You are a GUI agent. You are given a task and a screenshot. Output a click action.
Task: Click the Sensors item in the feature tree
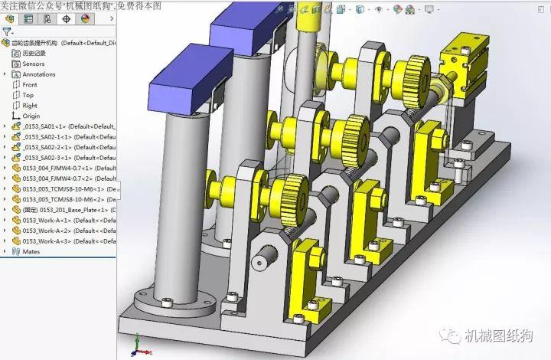[34, 64]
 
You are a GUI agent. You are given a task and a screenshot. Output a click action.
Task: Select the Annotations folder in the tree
[39, 74]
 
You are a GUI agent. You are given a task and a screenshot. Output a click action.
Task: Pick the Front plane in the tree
[30, 84]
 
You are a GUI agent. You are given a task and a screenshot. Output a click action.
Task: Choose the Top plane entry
[28, 95]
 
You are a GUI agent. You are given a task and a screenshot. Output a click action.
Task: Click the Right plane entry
[30, 105]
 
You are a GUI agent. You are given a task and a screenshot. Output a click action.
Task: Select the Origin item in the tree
[31, 116]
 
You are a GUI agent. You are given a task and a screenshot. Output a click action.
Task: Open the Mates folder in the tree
[31, 251]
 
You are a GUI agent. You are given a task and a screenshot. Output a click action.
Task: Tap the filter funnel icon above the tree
[7, 32]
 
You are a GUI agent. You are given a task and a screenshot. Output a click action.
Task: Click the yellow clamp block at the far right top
[465, 56]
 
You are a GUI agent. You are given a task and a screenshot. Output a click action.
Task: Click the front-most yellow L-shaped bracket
[308, 265]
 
